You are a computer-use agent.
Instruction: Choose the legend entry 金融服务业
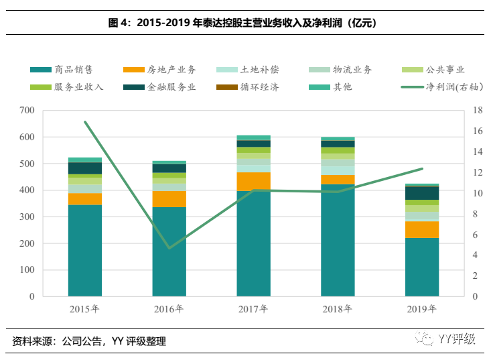click(x=161, y=87)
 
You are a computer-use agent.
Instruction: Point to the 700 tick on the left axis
click(x=29, y=110)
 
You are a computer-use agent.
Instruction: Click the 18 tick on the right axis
click(x=477, y=110)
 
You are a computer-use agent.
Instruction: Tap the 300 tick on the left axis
click(x=29, y=217)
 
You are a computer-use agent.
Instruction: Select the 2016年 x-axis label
click(x=169, y=309)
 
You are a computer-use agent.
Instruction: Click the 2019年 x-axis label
click(x=422, y=309)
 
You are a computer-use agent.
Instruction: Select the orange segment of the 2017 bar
click(x=253, y=182)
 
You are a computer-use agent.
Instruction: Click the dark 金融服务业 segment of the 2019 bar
click(x=422, y=193)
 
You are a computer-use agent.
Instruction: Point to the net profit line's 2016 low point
click(x=169, y=248)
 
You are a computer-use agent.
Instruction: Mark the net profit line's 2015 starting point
click(x=85, y=122)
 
